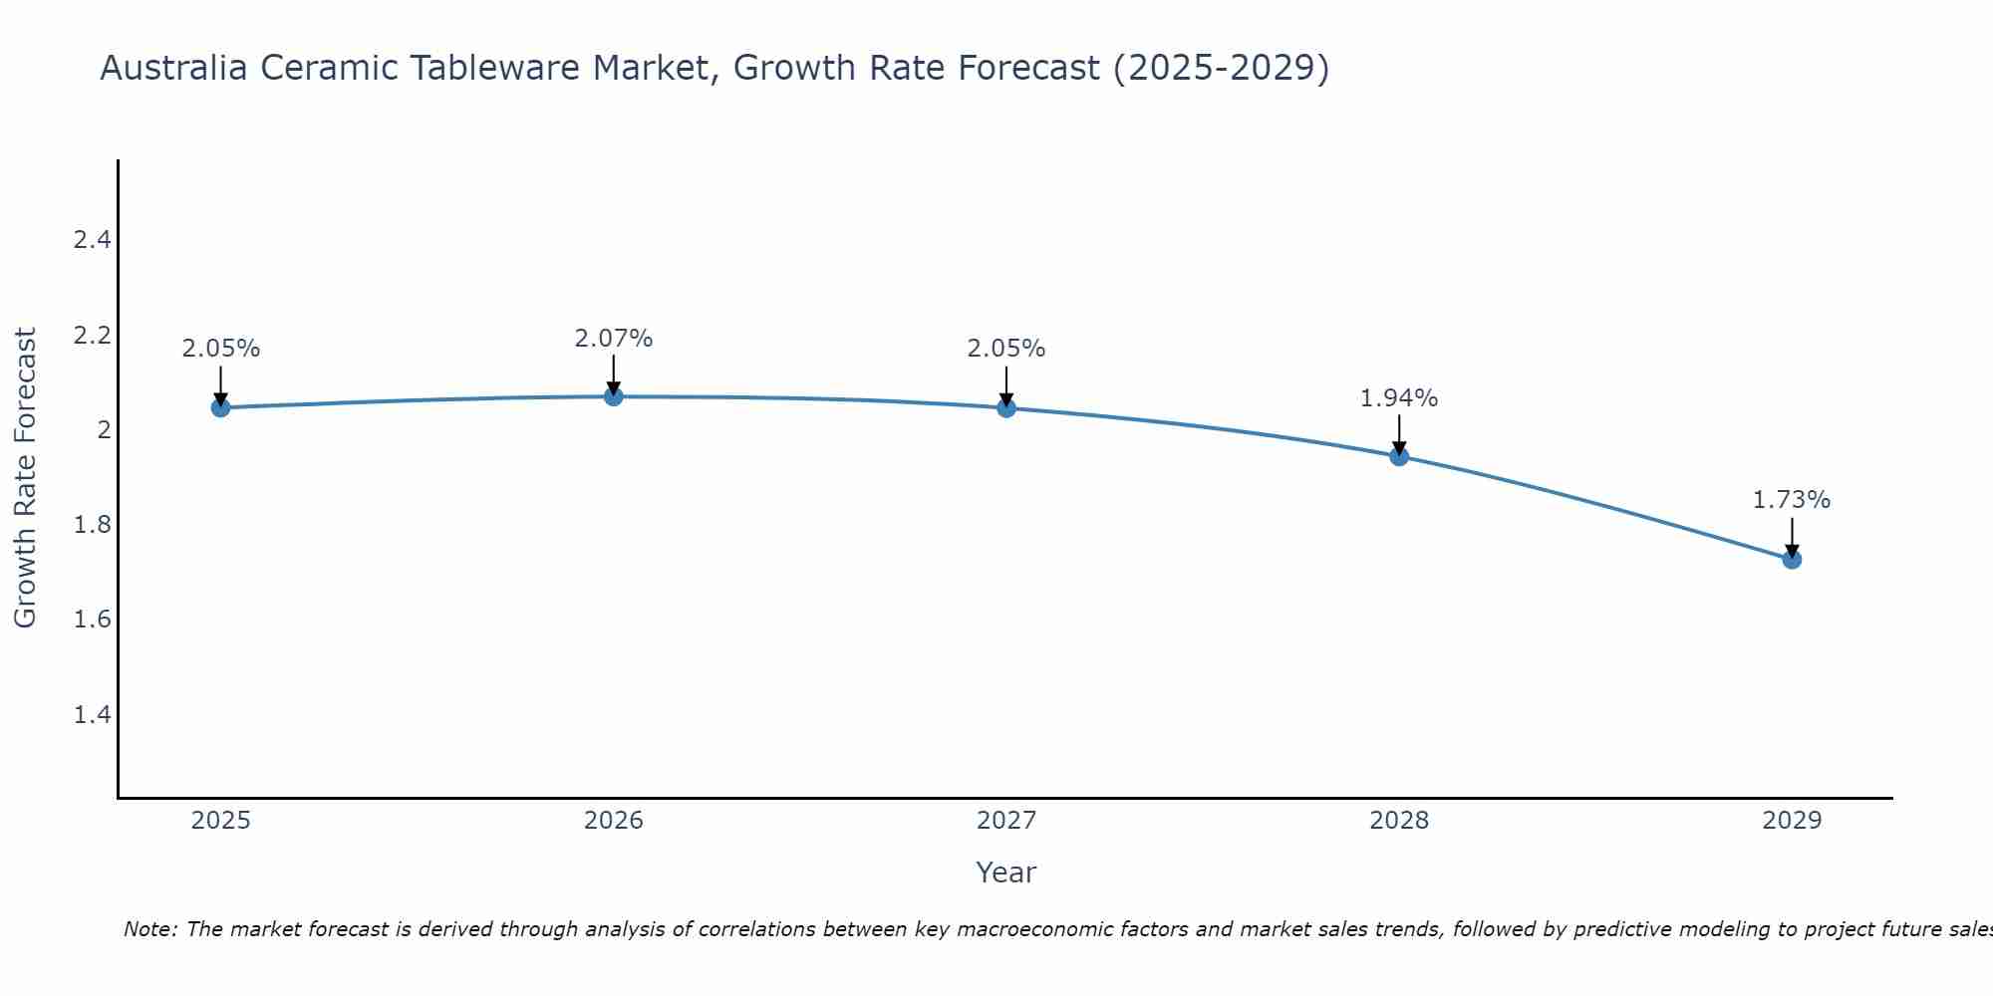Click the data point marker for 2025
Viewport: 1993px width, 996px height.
(220, 407)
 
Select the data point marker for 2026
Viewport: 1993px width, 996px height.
(614, 396)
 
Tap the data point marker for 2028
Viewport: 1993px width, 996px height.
(1399, 456)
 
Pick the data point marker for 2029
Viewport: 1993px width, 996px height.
(1792, 559)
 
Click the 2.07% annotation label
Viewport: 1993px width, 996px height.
(614, 339)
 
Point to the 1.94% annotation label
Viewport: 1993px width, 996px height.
(1399, 398)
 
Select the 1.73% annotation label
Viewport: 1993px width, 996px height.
(1792, 500)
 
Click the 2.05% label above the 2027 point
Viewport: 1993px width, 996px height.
(1006, 349)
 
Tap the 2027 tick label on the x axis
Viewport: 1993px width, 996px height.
(1006, 821)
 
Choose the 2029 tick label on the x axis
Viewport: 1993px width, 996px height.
(1792, 821)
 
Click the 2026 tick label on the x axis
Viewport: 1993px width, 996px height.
(614, 821)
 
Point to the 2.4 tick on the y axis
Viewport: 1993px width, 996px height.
(92, 240)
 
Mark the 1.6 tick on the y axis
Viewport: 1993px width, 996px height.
(92, 620)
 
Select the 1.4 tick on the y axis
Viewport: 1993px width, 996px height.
(92, 715)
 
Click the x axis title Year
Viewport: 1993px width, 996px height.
(1006, 872)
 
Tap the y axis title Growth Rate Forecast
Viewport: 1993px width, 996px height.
(26, 478)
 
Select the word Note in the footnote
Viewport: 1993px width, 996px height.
(148, 929)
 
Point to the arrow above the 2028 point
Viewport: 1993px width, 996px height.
(1399, 435)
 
